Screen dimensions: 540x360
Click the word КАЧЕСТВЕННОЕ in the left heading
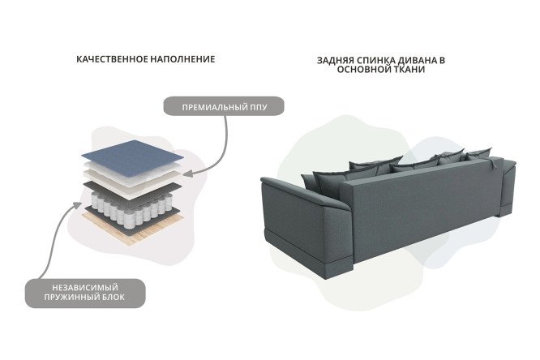[x=107, y=59]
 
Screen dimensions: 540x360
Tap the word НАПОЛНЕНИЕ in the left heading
[x=178, y=59]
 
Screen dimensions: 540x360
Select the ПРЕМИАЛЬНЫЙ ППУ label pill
[x=224, y=106]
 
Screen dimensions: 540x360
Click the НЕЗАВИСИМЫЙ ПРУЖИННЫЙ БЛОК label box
[x=85, y=294]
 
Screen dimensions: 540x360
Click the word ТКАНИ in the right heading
[x=409, y=70]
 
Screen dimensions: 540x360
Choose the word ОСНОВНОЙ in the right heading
[x=364, y=70]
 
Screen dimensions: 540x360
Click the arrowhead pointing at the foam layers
[x=187, y=174]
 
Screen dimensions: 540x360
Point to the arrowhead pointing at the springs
[x=77, y=206]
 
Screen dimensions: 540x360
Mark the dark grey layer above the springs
[x=133, y=191]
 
